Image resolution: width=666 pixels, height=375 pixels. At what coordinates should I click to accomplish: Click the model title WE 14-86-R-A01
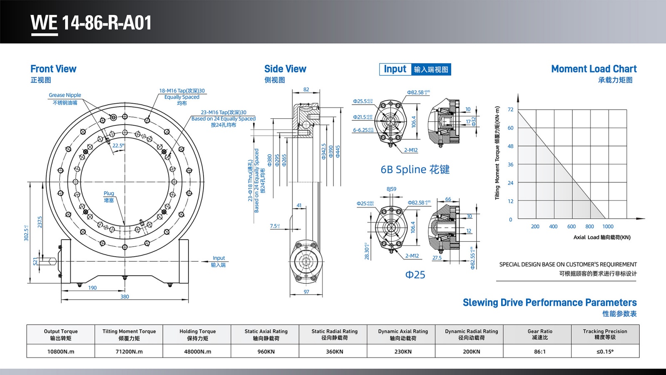pos(91,22)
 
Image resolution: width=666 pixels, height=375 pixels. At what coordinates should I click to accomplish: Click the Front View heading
pos(53,69)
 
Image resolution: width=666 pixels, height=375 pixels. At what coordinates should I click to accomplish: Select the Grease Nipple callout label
pos(65,95)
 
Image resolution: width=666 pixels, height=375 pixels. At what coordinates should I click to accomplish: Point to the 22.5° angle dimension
pos(118,146)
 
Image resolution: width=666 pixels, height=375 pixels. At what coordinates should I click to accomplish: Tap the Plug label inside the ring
pos(109,193)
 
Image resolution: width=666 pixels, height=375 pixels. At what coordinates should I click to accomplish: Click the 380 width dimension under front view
pos(124,297)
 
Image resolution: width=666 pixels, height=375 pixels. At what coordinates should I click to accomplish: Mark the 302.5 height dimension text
pos(27,233)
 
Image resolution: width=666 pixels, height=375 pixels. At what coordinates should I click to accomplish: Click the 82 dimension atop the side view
pos(306,90)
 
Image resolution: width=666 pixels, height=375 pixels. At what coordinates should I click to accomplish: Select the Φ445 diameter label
pos(338,151)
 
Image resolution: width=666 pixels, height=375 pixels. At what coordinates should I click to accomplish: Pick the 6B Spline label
pos(415,170)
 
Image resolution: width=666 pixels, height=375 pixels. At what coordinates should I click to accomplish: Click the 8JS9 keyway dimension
pos(391,189)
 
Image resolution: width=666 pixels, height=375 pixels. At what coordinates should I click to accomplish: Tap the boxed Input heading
pos(395,69)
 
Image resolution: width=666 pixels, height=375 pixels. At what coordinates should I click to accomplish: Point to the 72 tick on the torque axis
pos(510,110)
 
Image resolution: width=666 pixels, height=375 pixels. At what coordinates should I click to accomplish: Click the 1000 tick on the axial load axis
pos(608,227)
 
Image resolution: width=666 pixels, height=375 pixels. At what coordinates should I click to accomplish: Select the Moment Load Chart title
pos(594,69)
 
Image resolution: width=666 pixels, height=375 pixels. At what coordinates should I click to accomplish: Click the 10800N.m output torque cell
pos(61,351)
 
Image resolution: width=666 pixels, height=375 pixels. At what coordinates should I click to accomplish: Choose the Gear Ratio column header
pos(540,334)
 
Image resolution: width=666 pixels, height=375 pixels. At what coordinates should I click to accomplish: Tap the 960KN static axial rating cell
pos(266,351)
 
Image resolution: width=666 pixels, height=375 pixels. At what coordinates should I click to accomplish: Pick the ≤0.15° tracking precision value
pos(605,351)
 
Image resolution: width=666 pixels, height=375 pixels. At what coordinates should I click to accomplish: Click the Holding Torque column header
pos(198,334)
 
